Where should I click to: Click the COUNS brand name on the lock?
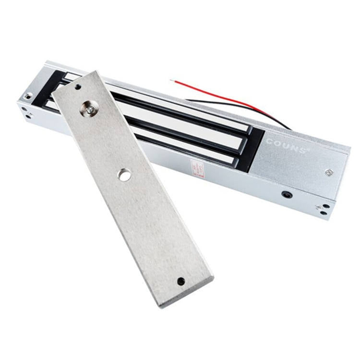[x=286, y=146]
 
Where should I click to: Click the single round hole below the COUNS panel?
[x=287, y=195]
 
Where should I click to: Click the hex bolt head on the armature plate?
[x=89, y=108]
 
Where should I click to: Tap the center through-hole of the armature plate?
[x=125, y=176]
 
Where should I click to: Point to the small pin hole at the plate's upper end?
[x=78, y=87]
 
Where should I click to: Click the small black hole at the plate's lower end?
[x=181, y=282]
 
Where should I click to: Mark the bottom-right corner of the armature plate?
[x=213, y=277]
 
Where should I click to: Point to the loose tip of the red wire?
[x=172, y=81]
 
